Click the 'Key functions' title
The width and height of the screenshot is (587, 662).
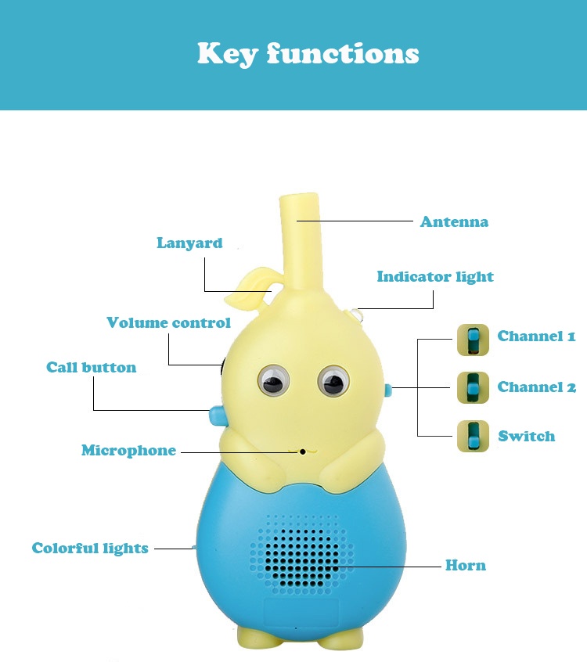click(308, 54)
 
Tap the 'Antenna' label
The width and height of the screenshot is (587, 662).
click(454, 221)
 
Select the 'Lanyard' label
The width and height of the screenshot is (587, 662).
click(189, 243)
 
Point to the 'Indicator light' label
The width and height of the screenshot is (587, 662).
click(435, 276)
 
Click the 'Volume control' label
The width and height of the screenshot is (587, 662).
click(168, 322)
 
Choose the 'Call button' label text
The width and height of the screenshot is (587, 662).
click(92, 367)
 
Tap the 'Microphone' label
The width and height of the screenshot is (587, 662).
click(128, 450)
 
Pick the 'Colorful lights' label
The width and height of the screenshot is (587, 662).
click(90, 548)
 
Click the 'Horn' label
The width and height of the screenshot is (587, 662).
click(466, 565)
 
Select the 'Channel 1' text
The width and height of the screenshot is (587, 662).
click(536, 336)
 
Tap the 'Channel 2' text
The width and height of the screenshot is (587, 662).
click(536, 387)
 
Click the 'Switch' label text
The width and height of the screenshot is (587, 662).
click(526, 436)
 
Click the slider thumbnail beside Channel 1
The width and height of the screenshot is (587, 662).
click(473, 340)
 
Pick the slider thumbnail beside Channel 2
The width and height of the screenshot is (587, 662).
click(473, 387)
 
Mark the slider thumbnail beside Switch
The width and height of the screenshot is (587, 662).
click(473, 436)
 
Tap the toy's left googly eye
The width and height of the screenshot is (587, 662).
click(274, 380)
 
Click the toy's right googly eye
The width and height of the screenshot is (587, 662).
click(333, 380)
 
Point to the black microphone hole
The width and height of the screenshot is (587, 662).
click(303, 452)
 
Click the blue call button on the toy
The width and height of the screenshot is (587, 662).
click(217, 416)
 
